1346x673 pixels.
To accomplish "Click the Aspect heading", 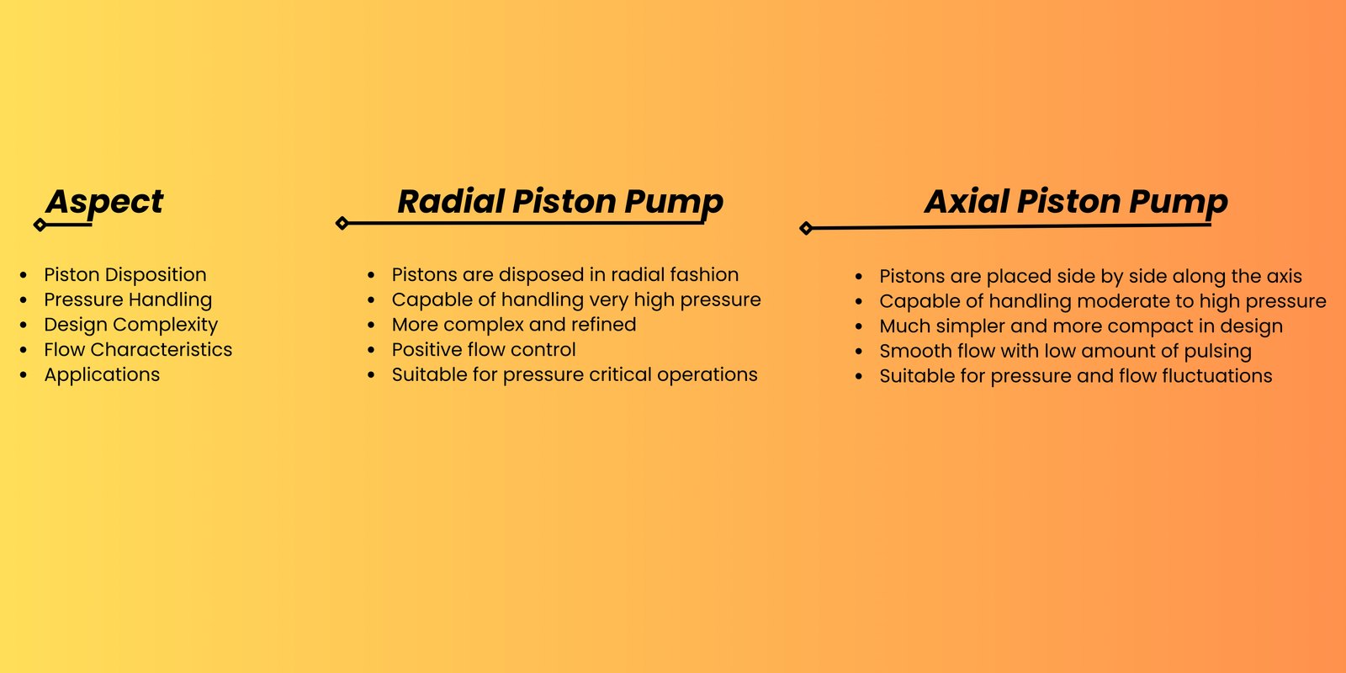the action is [x=104, y=202].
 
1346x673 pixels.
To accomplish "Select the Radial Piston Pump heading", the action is [x=560, y=202].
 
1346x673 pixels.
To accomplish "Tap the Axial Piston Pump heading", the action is [x=1076, y=202].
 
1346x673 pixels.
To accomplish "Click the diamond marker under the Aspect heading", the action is [x=40, y=225].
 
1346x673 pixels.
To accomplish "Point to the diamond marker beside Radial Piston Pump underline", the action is [x=342, y=223].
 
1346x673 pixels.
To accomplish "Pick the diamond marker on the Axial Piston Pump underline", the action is [x=806, y=228].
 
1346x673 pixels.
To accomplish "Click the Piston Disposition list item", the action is [x=125, y=274].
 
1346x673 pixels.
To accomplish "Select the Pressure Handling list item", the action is [x=128, y=299].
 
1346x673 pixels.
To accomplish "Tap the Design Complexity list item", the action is [x=131, y=325].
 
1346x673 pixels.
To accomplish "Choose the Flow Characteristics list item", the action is [x=138, y=350].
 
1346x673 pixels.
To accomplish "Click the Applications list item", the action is [x=102, y=375].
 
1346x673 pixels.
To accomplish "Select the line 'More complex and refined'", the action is [x=514, y=325].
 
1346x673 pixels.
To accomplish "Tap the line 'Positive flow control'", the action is [x=484, y=350].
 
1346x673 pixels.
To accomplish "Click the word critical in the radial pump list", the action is [x=620, y=375].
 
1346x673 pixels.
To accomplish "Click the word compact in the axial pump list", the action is [x=1145, y=326].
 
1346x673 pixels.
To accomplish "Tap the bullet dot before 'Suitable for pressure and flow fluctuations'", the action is [x=859, y=377].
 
